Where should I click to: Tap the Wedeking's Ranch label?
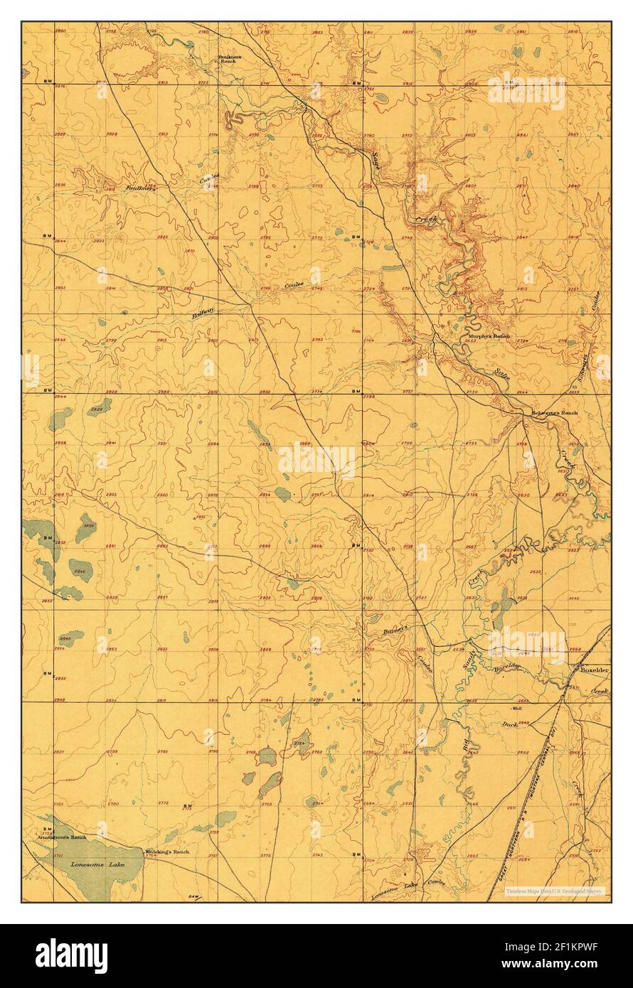(167, 852)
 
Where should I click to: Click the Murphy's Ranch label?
(489, 336)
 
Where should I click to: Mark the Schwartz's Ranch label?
(555, 413)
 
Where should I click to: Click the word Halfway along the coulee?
(203, 311)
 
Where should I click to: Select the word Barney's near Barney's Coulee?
(394, 629)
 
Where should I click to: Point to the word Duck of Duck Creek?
(509, 724)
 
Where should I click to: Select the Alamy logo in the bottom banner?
(71, 955)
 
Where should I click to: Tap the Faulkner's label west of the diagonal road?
(141, 188)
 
